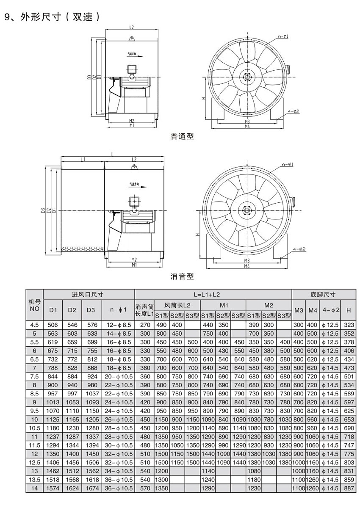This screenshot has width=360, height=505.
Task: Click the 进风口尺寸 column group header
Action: click(89, 295)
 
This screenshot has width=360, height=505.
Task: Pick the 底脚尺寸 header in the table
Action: click(323, 295)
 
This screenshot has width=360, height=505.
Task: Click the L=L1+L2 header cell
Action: click(213, 295)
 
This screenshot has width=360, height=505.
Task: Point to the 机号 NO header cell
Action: click(34, 305)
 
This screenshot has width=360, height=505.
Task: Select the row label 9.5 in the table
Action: click(34, 411)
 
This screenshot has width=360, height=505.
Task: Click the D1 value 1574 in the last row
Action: click(53, 488)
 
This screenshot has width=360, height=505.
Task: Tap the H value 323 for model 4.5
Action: click(349, 325)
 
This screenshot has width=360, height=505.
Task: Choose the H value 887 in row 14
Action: click(349, 488)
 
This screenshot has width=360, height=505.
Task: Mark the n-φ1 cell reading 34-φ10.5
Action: click(118, 471)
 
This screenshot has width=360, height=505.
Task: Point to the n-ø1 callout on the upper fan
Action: click(284, 37)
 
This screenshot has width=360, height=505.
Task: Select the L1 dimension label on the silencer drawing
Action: click(83, 160)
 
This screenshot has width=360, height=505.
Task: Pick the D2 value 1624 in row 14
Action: click(72, 488)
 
